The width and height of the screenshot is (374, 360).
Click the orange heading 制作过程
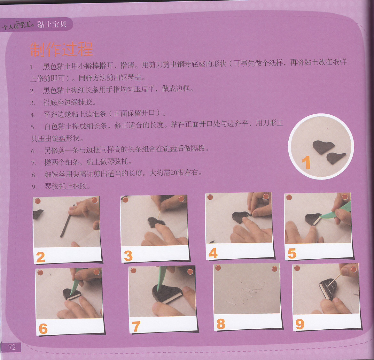click(62, 49)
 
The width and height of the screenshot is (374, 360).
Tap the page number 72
click(12, 347)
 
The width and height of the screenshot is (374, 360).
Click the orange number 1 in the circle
click(306, 162)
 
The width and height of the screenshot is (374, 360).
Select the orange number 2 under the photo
click(41, 257)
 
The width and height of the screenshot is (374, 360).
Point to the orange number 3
click(128, 256)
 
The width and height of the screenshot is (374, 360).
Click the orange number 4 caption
click(213, 253)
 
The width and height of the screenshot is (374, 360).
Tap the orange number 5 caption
click(292, 253)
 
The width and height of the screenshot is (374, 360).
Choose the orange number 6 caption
click(43, 328)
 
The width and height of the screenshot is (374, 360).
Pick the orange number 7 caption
click(136, 326)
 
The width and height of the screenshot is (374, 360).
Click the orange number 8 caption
click(221, 324)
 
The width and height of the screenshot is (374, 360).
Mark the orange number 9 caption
click(300, 324)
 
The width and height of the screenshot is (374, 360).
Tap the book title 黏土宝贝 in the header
click(52, 24)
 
